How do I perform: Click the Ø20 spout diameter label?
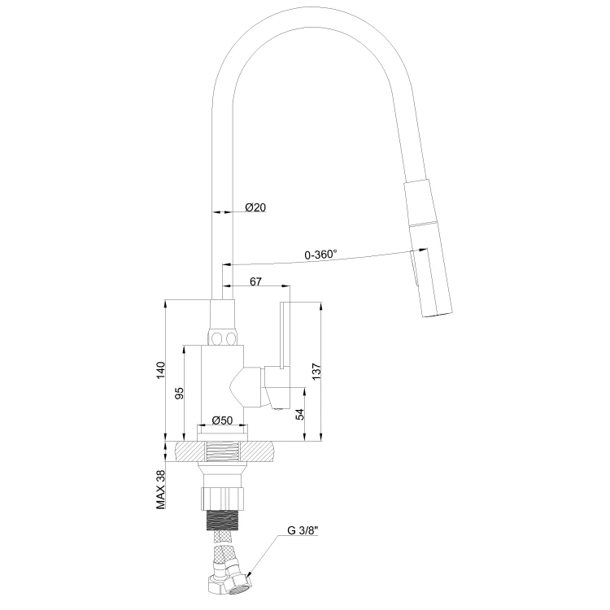coord(255,207)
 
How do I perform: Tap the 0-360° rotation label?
coord(321,255)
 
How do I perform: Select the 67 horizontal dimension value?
coord(255,281)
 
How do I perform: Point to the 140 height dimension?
coord(161,370)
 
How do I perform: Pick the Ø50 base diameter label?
coord(222,420)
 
